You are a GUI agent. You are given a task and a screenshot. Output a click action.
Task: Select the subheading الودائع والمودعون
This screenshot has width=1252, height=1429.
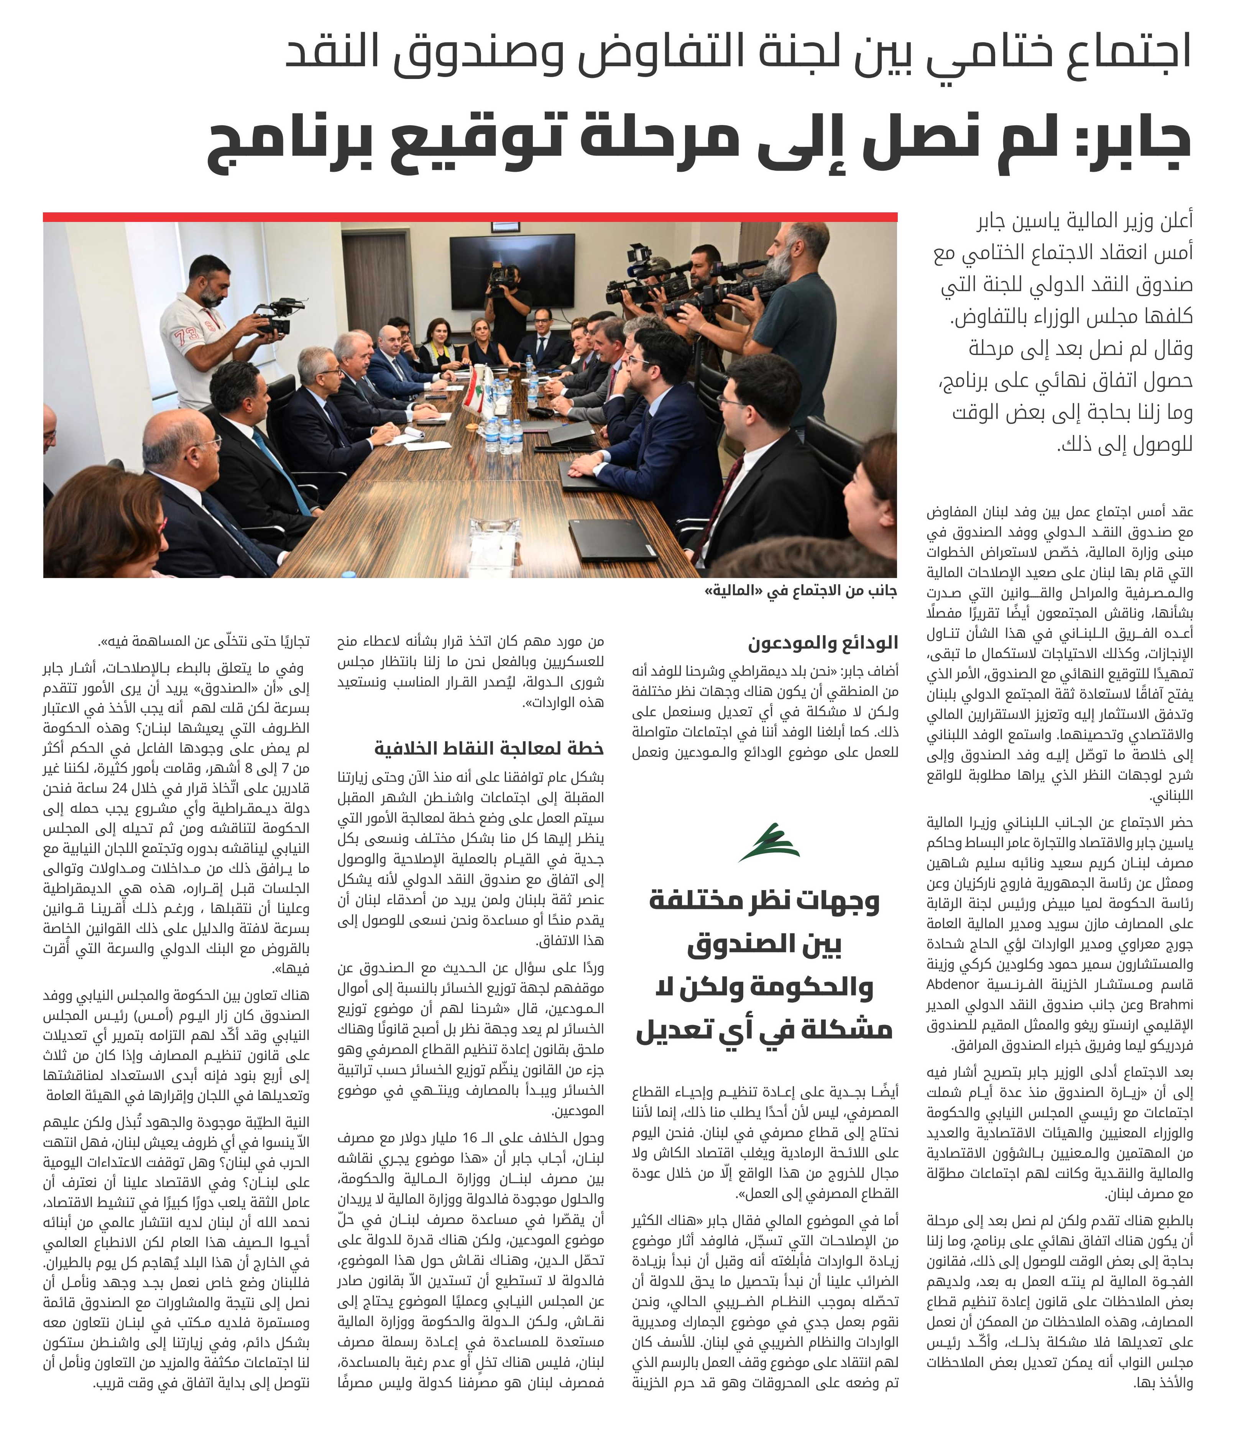(x=823, y=642)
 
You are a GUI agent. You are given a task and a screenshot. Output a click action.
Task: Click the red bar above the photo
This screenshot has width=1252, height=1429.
(x=470, y=217)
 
